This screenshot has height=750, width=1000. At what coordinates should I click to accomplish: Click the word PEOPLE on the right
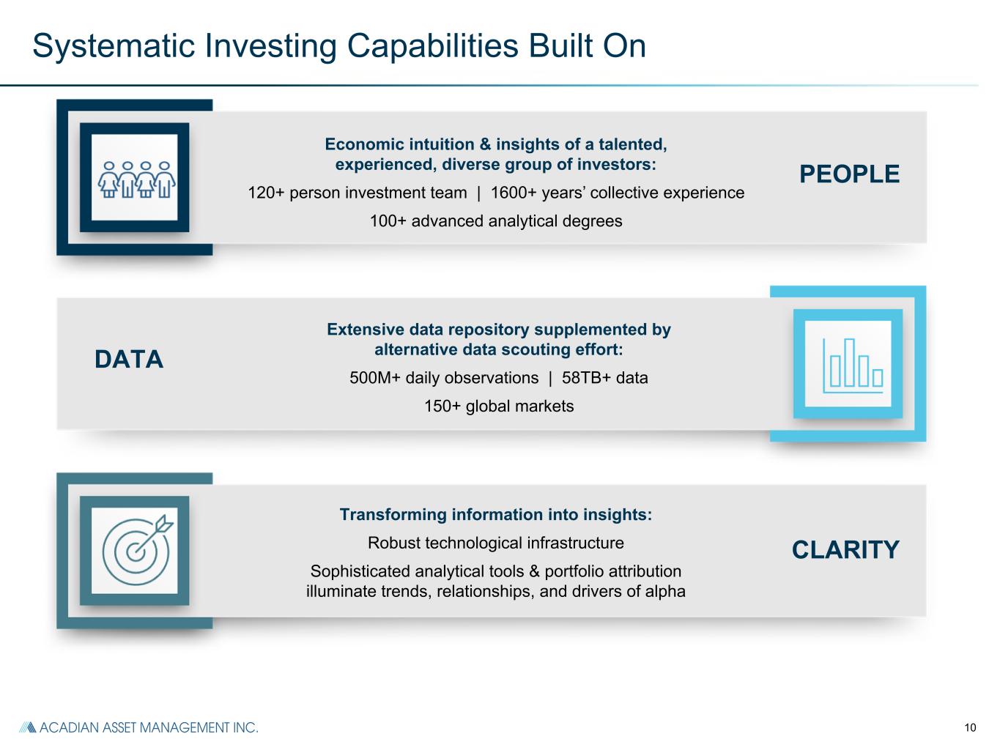[x=849, y=174]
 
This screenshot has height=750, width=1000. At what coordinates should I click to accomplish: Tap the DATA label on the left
[x=129, y=360]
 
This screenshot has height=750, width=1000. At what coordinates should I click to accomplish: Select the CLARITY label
[x=845, y=550]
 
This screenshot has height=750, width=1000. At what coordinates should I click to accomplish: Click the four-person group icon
[x=136, y=179]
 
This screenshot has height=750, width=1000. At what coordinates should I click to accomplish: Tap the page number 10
[x=970, y=727]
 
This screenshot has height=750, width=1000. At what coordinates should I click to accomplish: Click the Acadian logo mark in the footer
[x=28, y=727]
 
